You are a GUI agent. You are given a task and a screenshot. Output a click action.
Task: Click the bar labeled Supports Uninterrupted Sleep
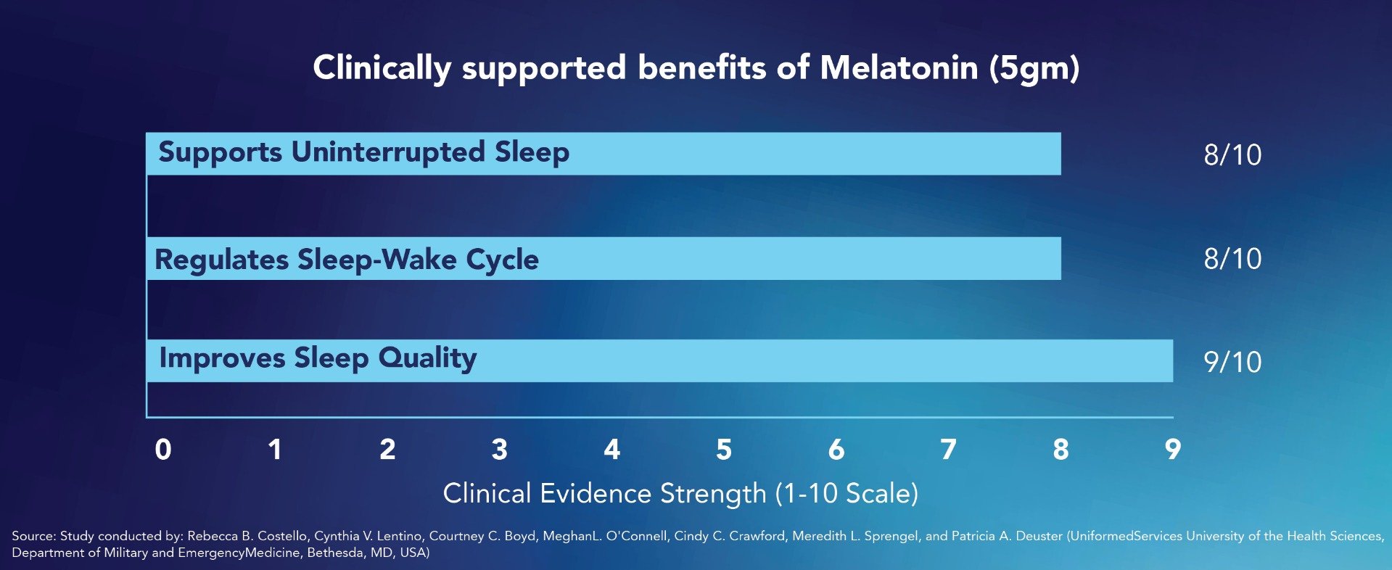pos(798,154)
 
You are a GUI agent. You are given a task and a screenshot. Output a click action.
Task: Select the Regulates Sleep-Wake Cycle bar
pos(798,258)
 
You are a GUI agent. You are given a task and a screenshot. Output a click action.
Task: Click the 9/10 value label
pos(1232,362)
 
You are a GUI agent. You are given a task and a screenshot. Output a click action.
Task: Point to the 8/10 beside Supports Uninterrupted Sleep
pos(1232,154)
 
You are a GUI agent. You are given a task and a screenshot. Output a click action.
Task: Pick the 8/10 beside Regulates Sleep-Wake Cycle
pos(1232,258)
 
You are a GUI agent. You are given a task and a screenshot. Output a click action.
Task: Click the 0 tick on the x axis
pos(163,450)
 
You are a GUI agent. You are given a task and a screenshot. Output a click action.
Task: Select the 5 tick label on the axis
pos(724,450)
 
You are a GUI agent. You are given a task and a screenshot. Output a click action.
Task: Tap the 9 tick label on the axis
pos(1172,450)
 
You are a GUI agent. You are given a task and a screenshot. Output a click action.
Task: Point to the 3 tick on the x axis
pos(499,450)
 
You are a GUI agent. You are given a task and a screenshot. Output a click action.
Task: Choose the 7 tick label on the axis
pos(948,450)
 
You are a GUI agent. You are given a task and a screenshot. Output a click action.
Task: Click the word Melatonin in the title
pos(899,68)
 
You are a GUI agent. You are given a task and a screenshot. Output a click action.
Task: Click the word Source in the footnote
pos(33,536)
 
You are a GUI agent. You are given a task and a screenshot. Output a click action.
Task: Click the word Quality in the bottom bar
pos(427,358)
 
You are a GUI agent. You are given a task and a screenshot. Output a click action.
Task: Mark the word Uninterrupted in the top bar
pos(387,152)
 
